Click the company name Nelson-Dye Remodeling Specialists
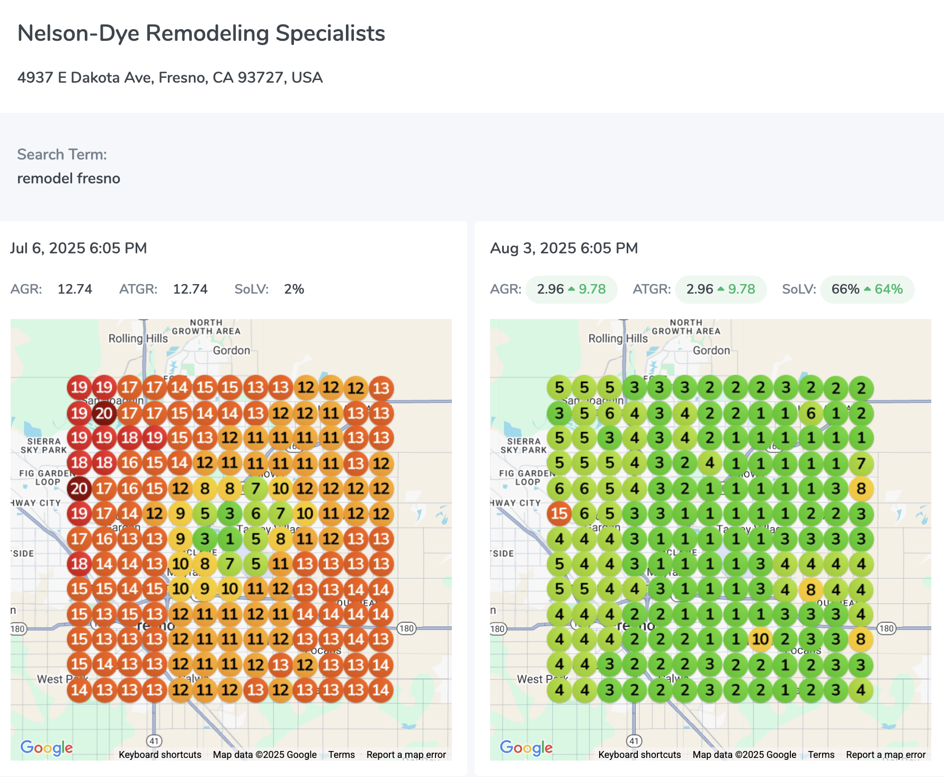(201, 33)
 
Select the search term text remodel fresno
(69, 179)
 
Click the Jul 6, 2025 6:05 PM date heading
(78, 249)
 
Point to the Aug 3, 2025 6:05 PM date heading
(564, 249)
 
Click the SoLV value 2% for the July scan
(294, 289)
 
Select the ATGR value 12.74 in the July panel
(190, 289)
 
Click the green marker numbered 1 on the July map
(230, 539)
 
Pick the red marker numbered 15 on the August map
(559, 514)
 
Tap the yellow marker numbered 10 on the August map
(760, 639)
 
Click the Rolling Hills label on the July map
(138, 338)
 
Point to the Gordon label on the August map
(711, 350)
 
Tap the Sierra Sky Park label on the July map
(44, 445)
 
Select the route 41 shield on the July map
(154, 740)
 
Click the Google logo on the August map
(526, 747)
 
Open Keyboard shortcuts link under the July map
(160, 755)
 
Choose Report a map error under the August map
(885, 755)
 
